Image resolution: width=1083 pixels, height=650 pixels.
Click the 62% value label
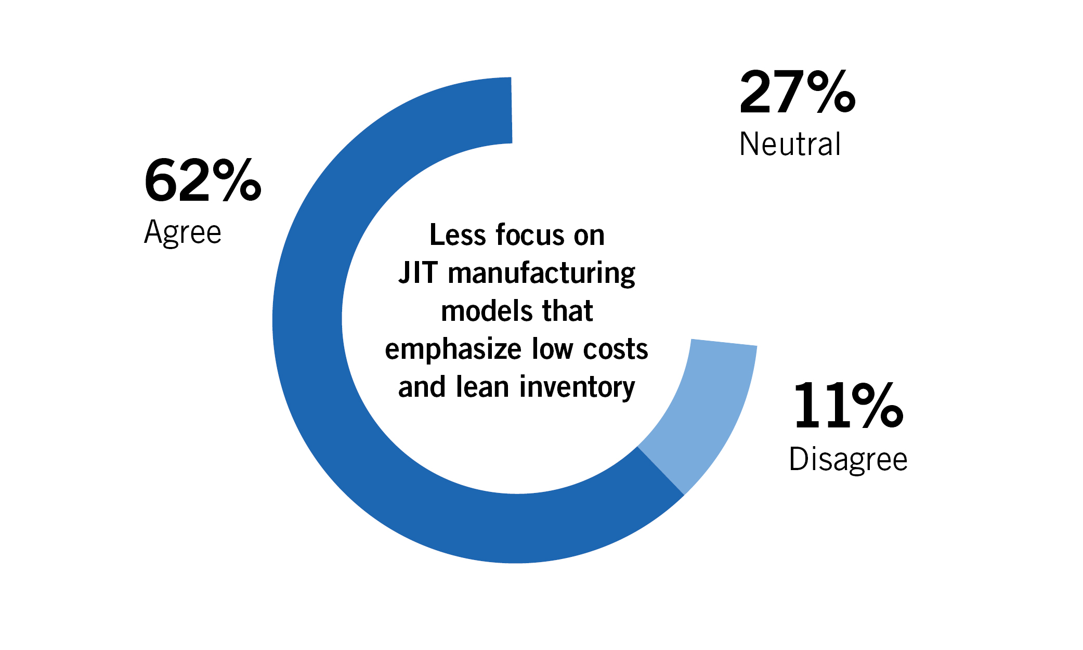(202, 180)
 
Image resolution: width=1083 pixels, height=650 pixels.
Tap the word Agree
(182, 232)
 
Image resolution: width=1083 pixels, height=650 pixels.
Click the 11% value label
(848, 406)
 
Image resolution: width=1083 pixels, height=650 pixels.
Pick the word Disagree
(848, 460)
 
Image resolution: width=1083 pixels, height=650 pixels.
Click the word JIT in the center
(418, 273)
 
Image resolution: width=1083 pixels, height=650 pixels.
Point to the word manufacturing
(541, 274)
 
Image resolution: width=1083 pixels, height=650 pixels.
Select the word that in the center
(567, 311)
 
